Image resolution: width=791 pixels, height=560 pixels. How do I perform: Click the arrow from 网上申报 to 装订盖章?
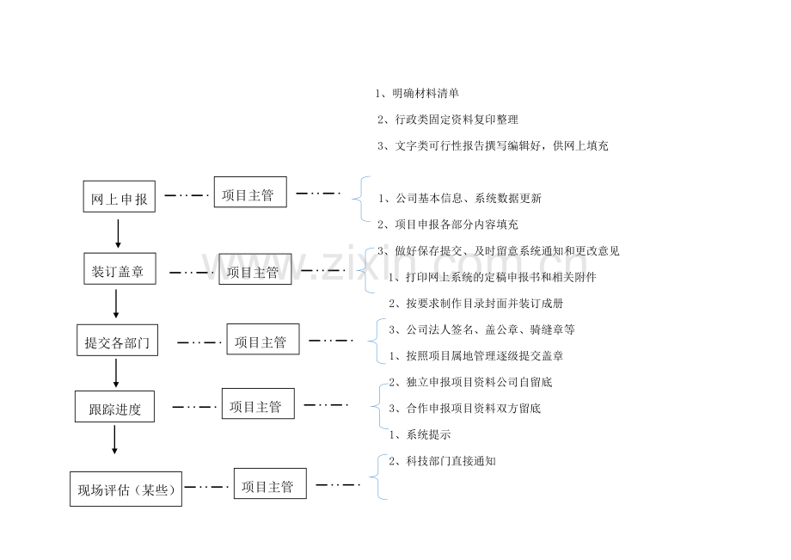118,234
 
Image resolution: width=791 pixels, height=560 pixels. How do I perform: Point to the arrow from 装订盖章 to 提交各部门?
116,304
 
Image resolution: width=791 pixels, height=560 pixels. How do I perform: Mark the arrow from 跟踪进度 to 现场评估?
114,440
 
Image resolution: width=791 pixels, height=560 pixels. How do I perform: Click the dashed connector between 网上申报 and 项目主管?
187,195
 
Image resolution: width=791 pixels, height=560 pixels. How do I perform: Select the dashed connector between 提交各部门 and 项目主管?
199,342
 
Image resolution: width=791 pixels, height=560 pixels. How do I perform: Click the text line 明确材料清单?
417,93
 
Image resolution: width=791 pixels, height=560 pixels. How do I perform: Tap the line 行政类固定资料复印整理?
448,120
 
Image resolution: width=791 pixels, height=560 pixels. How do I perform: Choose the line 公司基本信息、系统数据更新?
460,198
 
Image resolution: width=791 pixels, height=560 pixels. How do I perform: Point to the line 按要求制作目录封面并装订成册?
475,303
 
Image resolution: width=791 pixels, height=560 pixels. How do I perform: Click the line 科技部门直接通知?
443,460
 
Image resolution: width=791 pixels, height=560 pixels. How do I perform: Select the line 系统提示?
420,434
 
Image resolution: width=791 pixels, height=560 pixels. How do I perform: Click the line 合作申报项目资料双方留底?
464,408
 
